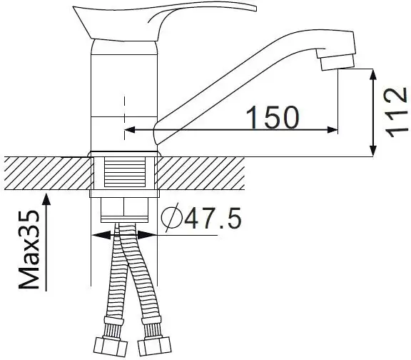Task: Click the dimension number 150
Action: tap(271, 118)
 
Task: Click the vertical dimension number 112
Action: tap(395, 112)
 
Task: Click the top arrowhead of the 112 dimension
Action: tap(373, 72)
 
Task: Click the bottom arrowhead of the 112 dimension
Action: tap(373, 151)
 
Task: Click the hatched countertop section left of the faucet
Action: tap(43, 173)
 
